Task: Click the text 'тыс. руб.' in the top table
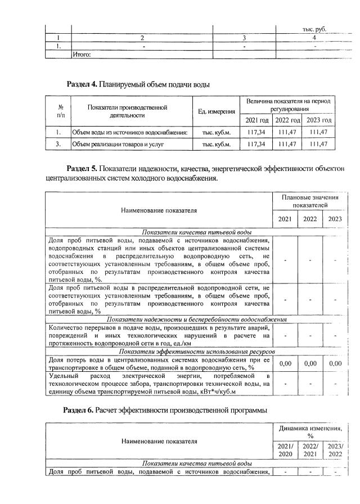[x=314, y=29]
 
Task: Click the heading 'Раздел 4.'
[x=82, y=85]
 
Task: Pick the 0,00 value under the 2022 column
[x=310, y=364]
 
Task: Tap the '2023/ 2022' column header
[x=335, y=450]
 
